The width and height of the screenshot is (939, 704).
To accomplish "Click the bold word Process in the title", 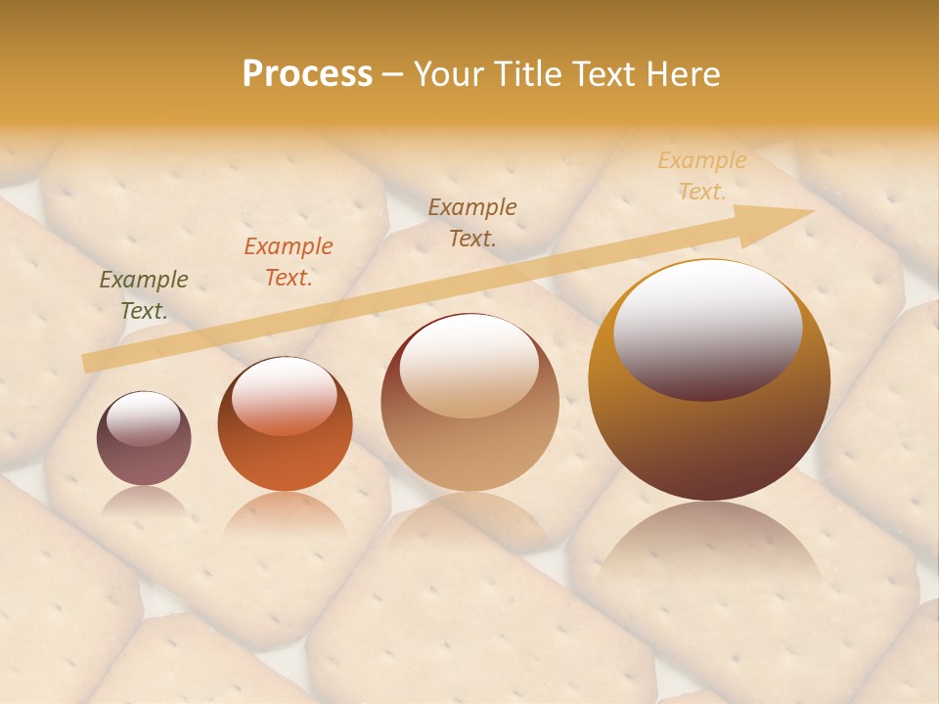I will tap(307, 74).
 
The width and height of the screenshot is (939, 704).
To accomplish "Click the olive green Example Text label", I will tap(144, 295).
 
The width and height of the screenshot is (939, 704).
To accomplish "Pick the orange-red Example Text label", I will tap(289, 262).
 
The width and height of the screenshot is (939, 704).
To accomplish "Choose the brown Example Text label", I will tap(472, 223).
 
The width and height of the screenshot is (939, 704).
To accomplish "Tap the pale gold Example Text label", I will tap(702, 176).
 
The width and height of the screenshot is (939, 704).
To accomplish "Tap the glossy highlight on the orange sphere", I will tap(285, 393).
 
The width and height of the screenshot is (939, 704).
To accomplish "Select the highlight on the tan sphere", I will tap(469, 364).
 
